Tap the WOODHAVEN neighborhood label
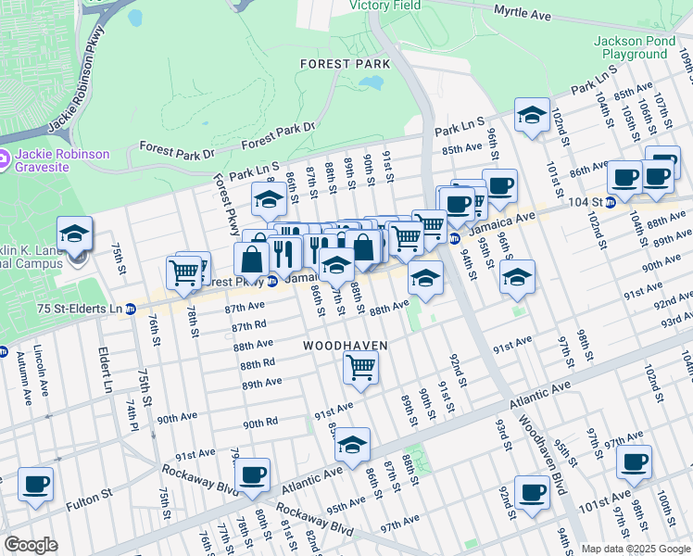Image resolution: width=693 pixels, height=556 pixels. point(345,346)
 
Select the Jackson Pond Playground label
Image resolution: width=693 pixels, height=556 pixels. point(630,48)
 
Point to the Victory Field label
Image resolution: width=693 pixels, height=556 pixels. point(384,6)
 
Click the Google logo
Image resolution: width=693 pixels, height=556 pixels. point(31,545)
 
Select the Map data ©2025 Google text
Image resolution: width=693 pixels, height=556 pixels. point(635,549)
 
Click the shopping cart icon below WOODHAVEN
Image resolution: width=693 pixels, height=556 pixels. point(360,368)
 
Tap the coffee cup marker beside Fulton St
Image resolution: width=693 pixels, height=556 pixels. point(36,484)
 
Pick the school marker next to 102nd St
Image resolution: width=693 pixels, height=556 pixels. point(532,116)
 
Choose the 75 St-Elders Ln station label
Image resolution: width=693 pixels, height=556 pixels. point(79,309)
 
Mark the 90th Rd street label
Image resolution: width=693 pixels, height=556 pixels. point(260,423)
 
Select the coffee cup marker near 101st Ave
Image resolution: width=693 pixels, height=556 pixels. point(635,461)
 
